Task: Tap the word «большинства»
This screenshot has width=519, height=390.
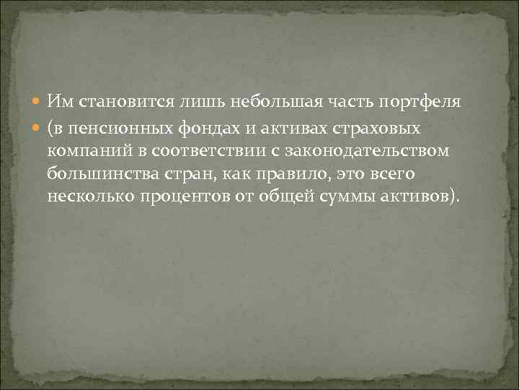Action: (x=95, y=175)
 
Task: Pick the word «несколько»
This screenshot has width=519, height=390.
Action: (x=84, y=197)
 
